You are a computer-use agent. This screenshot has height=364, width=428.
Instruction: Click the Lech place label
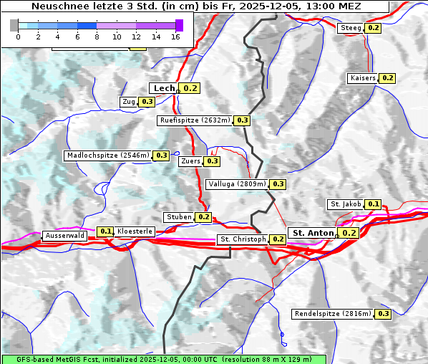pyautogui.click(x=164, y=88)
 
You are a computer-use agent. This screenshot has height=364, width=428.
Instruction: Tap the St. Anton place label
pyautogui.click(x=313, y=233)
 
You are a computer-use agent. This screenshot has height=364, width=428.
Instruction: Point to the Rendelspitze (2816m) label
pyautogui.click(x=333, y=314)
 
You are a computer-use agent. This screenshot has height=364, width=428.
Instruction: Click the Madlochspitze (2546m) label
pyautogui.click(x=108, y=155)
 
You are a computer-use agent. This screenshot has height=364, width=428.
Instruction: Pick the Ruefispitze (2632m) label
pyautogui.click(x=195, y=121)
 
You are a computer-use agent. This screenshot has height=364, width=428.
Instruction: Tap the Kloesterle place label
pyautogui.click(x=135, y=231)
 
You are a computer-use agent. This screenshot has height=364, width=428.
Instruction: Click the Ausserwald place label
pyautogui.click(x=65, y=236)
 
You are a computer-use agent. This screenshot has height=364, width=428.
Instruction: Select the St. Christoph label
pyautogui.click(x=243, y=239)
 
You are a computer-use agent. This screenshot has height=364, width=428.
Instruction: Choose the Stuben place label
pyautogui.click(x=178, y=217)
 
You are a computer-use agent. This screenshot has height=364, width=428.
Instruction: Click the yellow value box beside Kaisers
pyautogui.click(x=387, y=78)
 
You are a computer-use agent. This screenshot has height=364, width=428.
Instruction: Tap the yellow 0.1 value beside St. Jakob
pyautogui.click(x=374, y=204)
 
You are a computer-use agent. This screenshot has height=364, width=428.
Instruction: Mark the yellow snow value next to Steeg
pyautogui.click(x=373, y=28)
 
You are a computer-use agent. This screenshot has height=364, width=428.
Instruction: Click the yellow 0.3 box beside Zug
pyautogui.click(x=147, y=102)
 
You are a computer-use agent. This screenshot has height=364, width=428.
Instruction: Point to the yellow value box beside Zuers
pyautogui.click(x=213, y=161)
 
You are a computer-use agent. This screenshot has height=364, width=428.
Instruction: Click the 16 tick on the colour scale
pyautogui.click(x=175, y=37)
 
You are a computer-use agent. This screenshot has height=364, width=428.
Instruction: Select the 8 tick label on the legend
pyautogui.click(x=97, y=37)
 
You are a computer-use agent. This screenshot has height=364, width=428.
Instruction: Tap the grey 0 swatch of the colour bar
pyautogui.click(x=14, y=25)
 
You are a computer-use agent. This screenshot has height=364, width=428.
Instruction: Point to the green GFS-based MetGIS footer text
pyautogui.click(x=163, y=358)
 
